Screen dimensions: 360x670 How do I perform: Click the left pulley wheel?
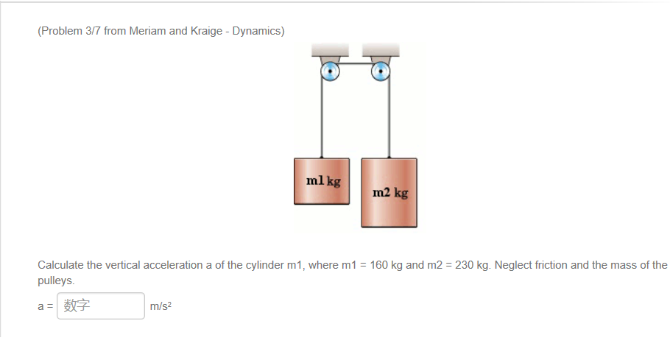pyautogui.click(x=329, y=71)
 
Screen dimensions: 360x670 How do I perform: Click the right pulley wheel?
pyautogui.click(x=380, y=71)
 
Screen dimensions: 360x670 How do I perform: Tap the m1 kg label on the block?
pyautogui.click(x=322, y=180)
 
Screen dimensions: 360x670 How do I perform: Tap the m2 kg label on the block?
pyautogui.click(x=389, y=193)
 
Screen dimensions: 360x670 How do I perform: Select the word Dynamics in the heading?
pyautogui.click(x=257, y=32)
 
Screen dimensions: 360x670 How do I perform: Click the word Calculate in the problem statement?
pyautogui.click(x=61, y=265)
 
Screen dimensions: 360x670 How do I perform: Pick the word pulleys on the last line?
pyautogui.click(x=55, y=281)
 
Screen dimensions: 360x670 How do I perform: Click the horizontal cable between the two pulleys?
pyautogui.click(x=354, y=64)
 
